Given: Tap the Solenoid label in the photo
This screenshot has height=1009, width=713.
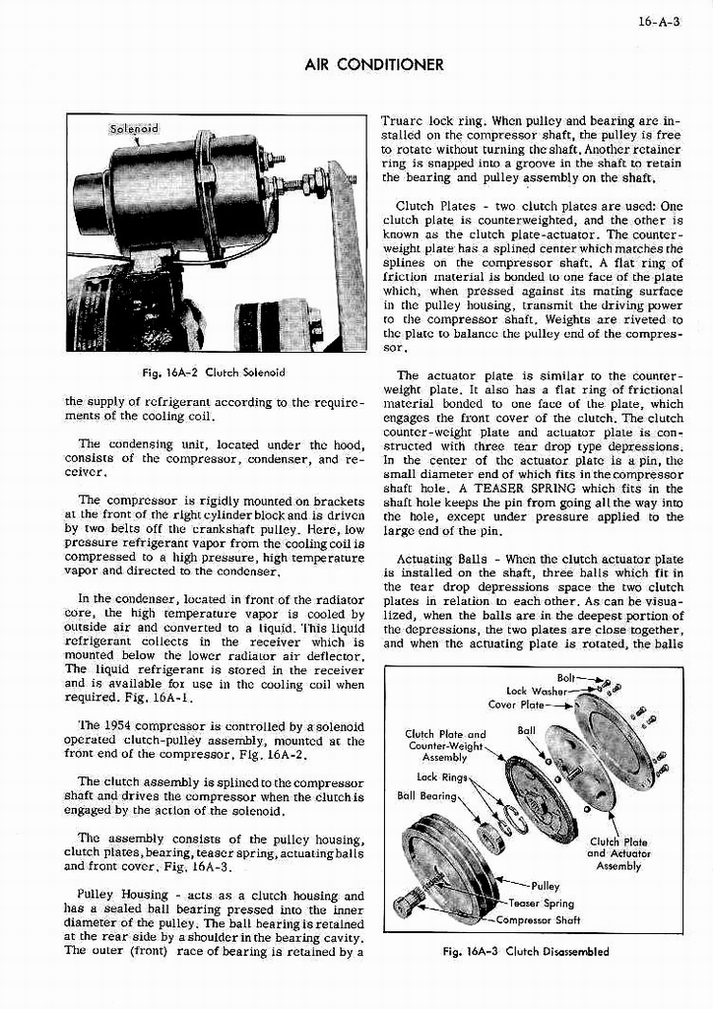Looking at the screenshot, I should click(133, 129).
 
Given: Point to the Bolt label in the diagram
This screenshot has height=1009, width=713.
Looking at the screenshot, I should click(567, 678).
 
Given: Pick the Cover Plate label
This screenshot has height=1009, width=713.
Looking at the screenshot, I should click(515, 705).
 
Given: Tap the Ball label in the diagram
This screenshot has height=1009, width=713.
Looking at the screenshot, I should click(526, 731).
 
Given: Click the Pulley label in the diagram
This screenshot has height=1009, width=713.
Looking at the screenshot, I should click(545, 886).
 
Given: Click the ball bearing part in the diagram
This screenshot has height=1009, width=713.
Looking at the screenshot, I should click(490, 838).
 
